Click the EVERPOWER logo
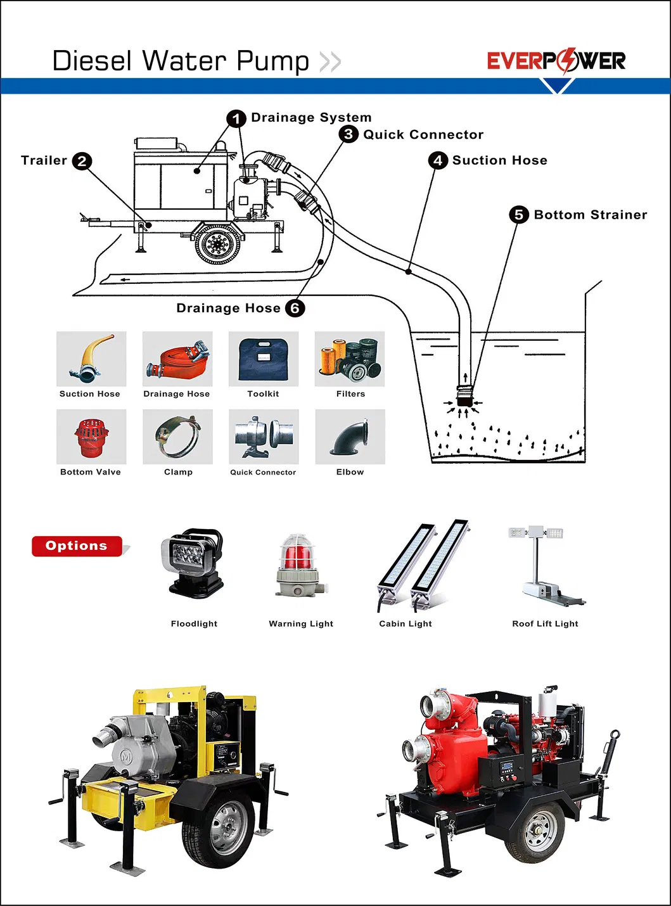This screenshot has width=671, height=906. tap(556, 61)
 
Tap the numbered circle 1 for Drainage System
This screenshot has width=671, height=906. tap(236, 118)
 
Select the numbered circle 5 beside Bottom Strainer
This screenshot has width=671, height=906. tap(519, 215)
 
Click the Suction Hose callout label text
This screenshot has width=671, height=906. tap(499, 160)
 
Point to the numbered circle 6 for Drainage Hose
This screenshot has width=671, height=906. tap(295, 308)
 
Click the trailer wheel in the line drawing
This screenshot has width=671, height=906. tap(218, 244)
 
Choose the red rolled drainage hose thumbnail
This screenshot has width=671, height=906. tap(177, 359)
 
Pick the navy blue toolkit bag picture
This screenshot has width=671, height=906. tap(263, 359)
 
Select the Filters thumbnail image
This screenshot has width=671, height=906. tap(350, 359)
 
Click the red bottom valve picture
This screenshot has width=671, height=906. tap(91, 437)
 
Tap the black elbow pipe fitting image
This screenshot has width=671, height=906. tap(350, 437)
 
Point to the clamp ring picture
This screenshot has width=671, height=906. tap(177, 437)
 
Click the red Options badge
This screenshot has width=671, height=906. tap(77, 546)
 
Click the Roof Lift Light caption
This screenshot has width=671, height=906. tap(545, 623)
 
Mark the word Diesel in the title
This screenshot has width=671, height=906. tap(92, 61)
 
